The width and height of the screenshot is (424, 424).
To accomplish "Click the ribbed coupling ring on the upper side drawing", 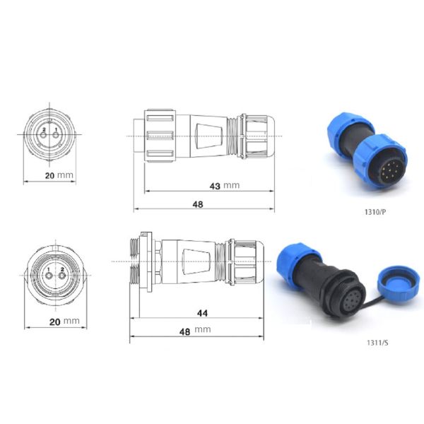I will [x=158, y=134].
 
